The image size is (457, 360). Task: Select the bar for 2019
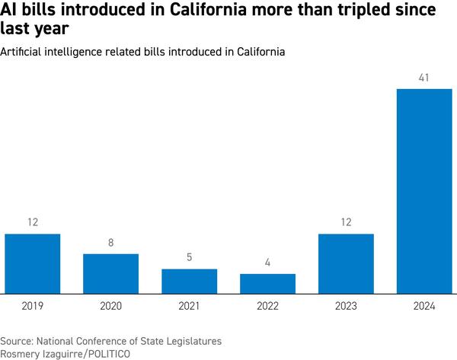point(32,263)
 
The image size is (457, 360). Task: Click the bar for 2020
point(110,273)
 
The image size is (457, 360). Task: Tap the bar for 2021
point(189,281)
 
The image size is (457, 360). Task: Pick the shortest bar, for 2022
point(267,283)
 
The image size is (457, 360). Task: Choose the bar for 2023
point(346,263)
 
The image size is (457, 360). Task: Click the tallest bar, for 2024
point(424,191)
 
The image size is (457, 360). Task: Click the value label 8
point(110,242)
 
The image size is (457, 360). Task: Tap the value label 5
point(189,257)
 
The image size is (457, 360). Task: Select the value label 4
point(267,263)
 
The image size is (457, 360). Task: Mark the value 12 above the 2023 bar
point(346,222)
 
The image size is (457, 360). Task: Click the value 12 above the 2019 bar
point(32,222)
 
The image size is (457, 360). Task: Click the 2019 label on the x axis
point(32,306)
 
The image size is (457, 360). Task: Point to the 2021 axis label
point(189,306)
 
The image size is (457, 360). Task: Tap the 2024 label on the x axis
point(424,306)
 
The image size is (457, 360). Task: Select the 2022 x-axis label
point(267,306)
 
